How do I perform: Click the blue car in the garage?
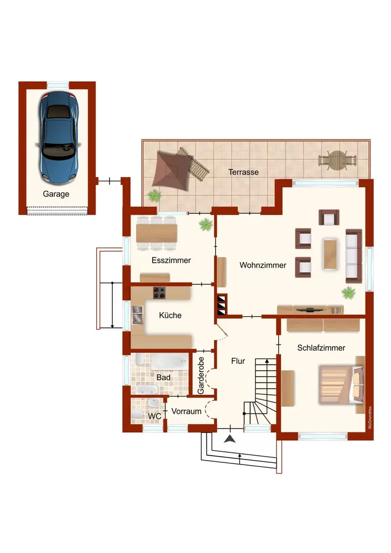tap(58, 138)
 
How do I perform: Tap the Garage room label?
tap(56, 194)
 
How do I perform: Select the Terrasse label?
tap(243, 172)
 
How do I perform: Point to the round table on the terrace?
tap(337, 160)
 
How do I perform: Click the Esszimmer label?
tap(171, 260)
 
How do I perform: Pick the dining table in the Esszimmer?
tap(157, 233)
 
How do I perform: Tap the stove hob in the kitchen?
tap(159, 293)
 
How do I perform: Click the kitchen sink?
tap(138, 315)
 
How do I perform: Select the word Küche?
tap(170, 315)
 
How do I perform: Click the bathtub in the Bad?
tap(169, 362)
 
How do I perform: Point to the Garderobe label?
tap(201, 375)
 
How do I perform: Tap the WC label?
tap(154, 416)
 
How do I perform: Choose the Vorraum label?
tap(186, 411)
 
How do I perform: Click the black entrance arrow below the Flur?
tap(230, 439)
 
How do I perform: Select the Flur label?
tap(238, 361)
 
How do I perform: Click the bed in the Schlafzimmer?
tap(341, 384)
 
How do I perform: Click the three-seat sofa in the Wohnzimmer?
tap(353, 255)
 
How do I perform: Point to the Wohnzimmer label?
tap(263, 265)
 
